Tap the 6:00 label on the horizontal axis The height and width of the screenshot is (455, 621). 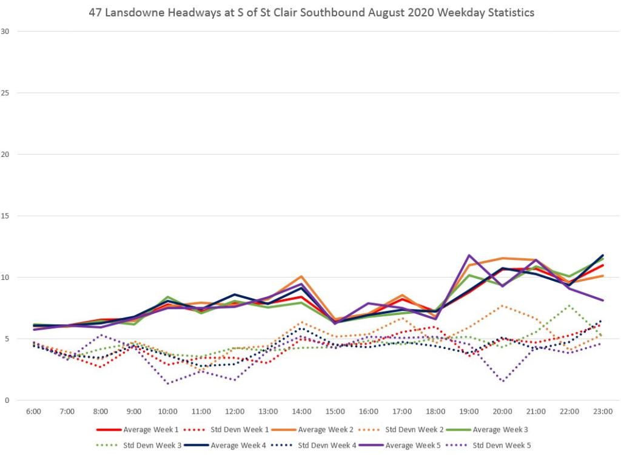tap(33, 412)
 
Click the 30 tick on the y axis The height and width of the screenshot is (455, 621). tap(6, 32)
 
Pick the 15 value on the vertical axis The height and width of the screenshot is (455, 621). tap(6, 216)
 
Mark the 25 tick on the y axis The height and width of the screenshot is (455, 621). tap(6, 93)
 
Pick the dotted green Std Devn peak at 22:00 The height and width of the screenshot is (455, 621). tap(569, 305)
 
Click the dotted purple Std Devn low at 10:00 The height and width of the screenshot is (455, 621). tap(167, 384)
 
